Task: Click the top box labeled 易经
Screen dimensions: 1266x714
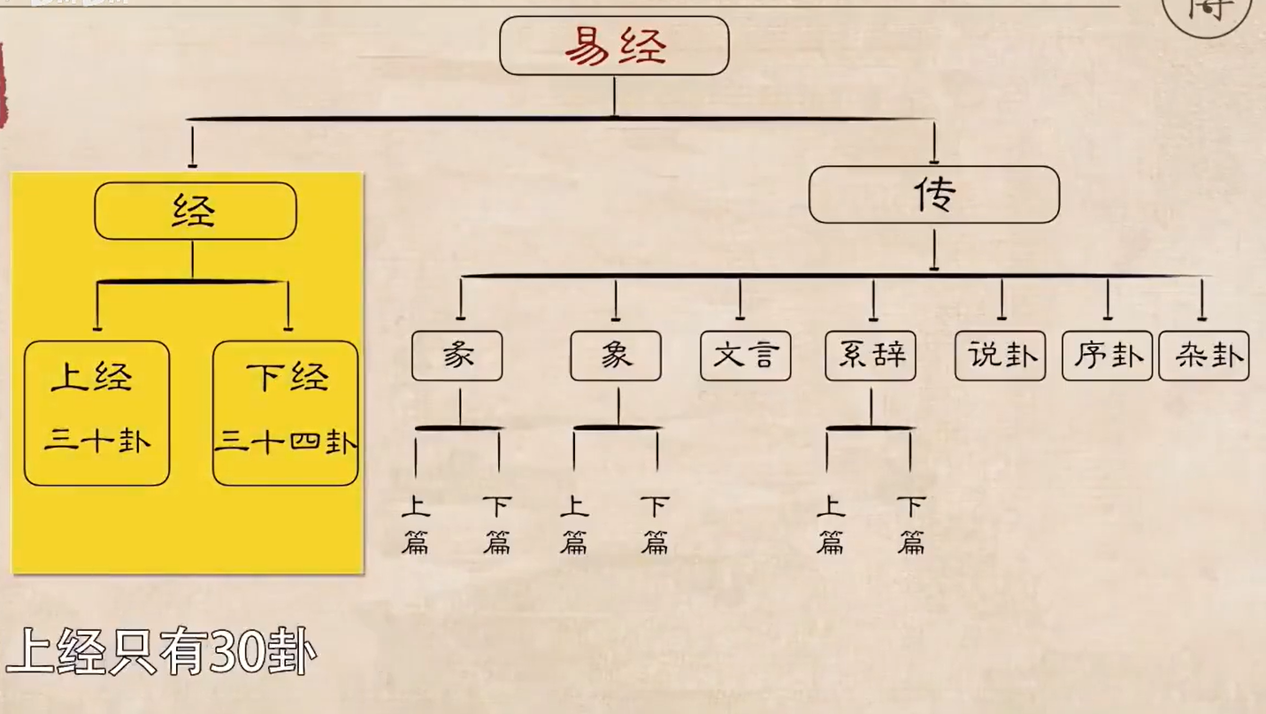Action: tap(614, 46)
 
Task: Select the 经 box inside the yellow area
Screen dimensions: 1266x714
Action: tap(195, 211)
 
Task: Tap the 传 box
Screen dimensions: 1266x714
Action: tap(933, 195)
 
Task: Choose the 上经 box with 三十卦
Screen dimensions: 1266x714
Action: tap(96, 413)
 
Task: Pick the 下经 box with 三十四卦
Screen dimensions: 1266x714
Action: tap(286, 413)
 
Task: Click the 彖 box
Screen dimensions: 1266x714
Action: tap(457, 356)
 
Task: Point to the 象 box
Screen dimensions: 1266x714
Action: tap(616, 356)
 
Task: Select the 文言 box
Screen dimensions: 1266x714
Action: tap(745, 356)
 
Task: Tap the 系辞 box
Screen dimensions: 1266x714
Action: tap(871, 356)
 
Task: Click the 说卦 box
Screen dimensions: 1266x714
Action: tap(1000, 356)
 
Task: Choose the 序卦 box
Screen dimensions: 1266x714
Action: tap(1107, 356)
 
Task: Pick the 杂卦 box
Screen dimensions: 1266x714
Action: tap(1203, 356)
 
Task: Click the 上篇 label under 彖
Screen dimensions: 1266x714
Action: tap(415, 525)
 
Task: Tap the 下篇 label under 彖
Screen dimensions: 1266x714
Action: tap(497, 525)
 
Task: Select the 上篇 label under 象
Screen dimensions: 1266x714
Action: tap(574, 525)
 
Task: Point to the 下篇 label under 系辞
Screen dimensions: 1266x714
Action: tap(911, 525)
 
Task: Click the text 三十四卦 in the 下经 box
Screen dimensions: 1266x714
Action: tap(286, 440)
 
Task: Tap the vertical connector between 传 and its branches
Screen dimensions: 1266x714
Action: tap(934, 249)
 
